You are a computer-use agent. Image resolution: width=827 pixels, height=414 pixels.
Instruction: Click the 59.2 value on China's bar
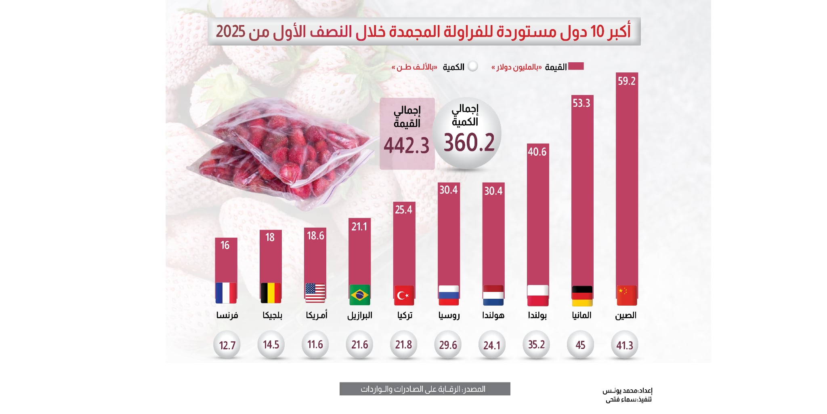tap(626, 81)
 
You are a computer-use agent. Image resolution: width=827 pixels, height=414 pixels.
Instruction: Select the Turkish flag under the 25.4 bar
tap(404, 296)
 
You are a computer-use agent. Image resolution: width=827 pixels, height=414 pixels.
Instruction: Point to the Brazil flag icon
tap(359, 295)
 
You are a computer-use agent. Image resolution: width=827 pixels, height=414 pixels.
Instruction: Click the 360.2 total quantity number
tap(469, 143)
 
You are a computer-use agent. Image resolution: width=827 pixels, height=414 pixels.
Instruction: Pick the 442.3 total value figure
tap(406, 146)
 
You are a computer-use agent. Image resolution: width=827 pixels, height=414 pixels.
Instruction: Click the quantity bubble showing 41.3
tap(624, 345)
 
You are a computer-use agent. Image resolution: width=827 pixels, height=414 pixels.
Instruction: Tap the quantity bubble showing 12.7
tap(227, 345)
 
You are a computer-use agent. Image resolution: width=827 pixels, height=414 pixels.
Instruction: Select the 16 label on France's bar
tap(225, 245)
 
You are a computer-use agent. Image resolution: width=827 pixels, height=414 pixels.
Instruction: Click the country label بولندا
tap(537, 315)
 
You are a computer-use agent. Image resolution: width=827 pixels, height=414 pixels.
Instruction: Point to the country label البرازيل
tap(359, 315)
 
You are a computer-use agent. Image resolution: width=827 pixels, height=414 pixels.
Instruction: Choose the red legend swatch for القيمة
tap(576, 66)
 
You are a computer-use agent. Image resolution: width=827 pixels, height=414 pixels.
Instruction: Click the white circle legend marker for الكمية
tap(472, 66)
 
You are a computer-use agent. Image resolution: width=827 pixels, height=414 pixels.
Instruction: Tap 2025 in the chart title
tap(231, 32)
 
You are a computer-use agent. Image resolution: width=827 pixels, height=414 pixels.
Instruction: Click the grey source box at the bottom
tap(424, 389)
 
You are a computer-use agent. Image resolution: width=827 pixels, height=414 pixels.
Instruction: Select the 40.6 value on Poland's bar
tap(537, 152)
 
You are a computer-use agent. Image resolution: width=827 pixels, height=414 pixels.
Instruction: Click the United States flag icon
tap(315, 294)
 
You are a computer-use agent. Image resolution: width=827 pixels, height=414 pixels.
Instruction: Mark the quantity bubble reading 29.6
tap(448, 345)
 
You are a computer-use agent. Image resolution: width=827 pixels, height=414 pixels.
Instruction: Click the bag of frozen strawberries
tap(279, 154)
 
